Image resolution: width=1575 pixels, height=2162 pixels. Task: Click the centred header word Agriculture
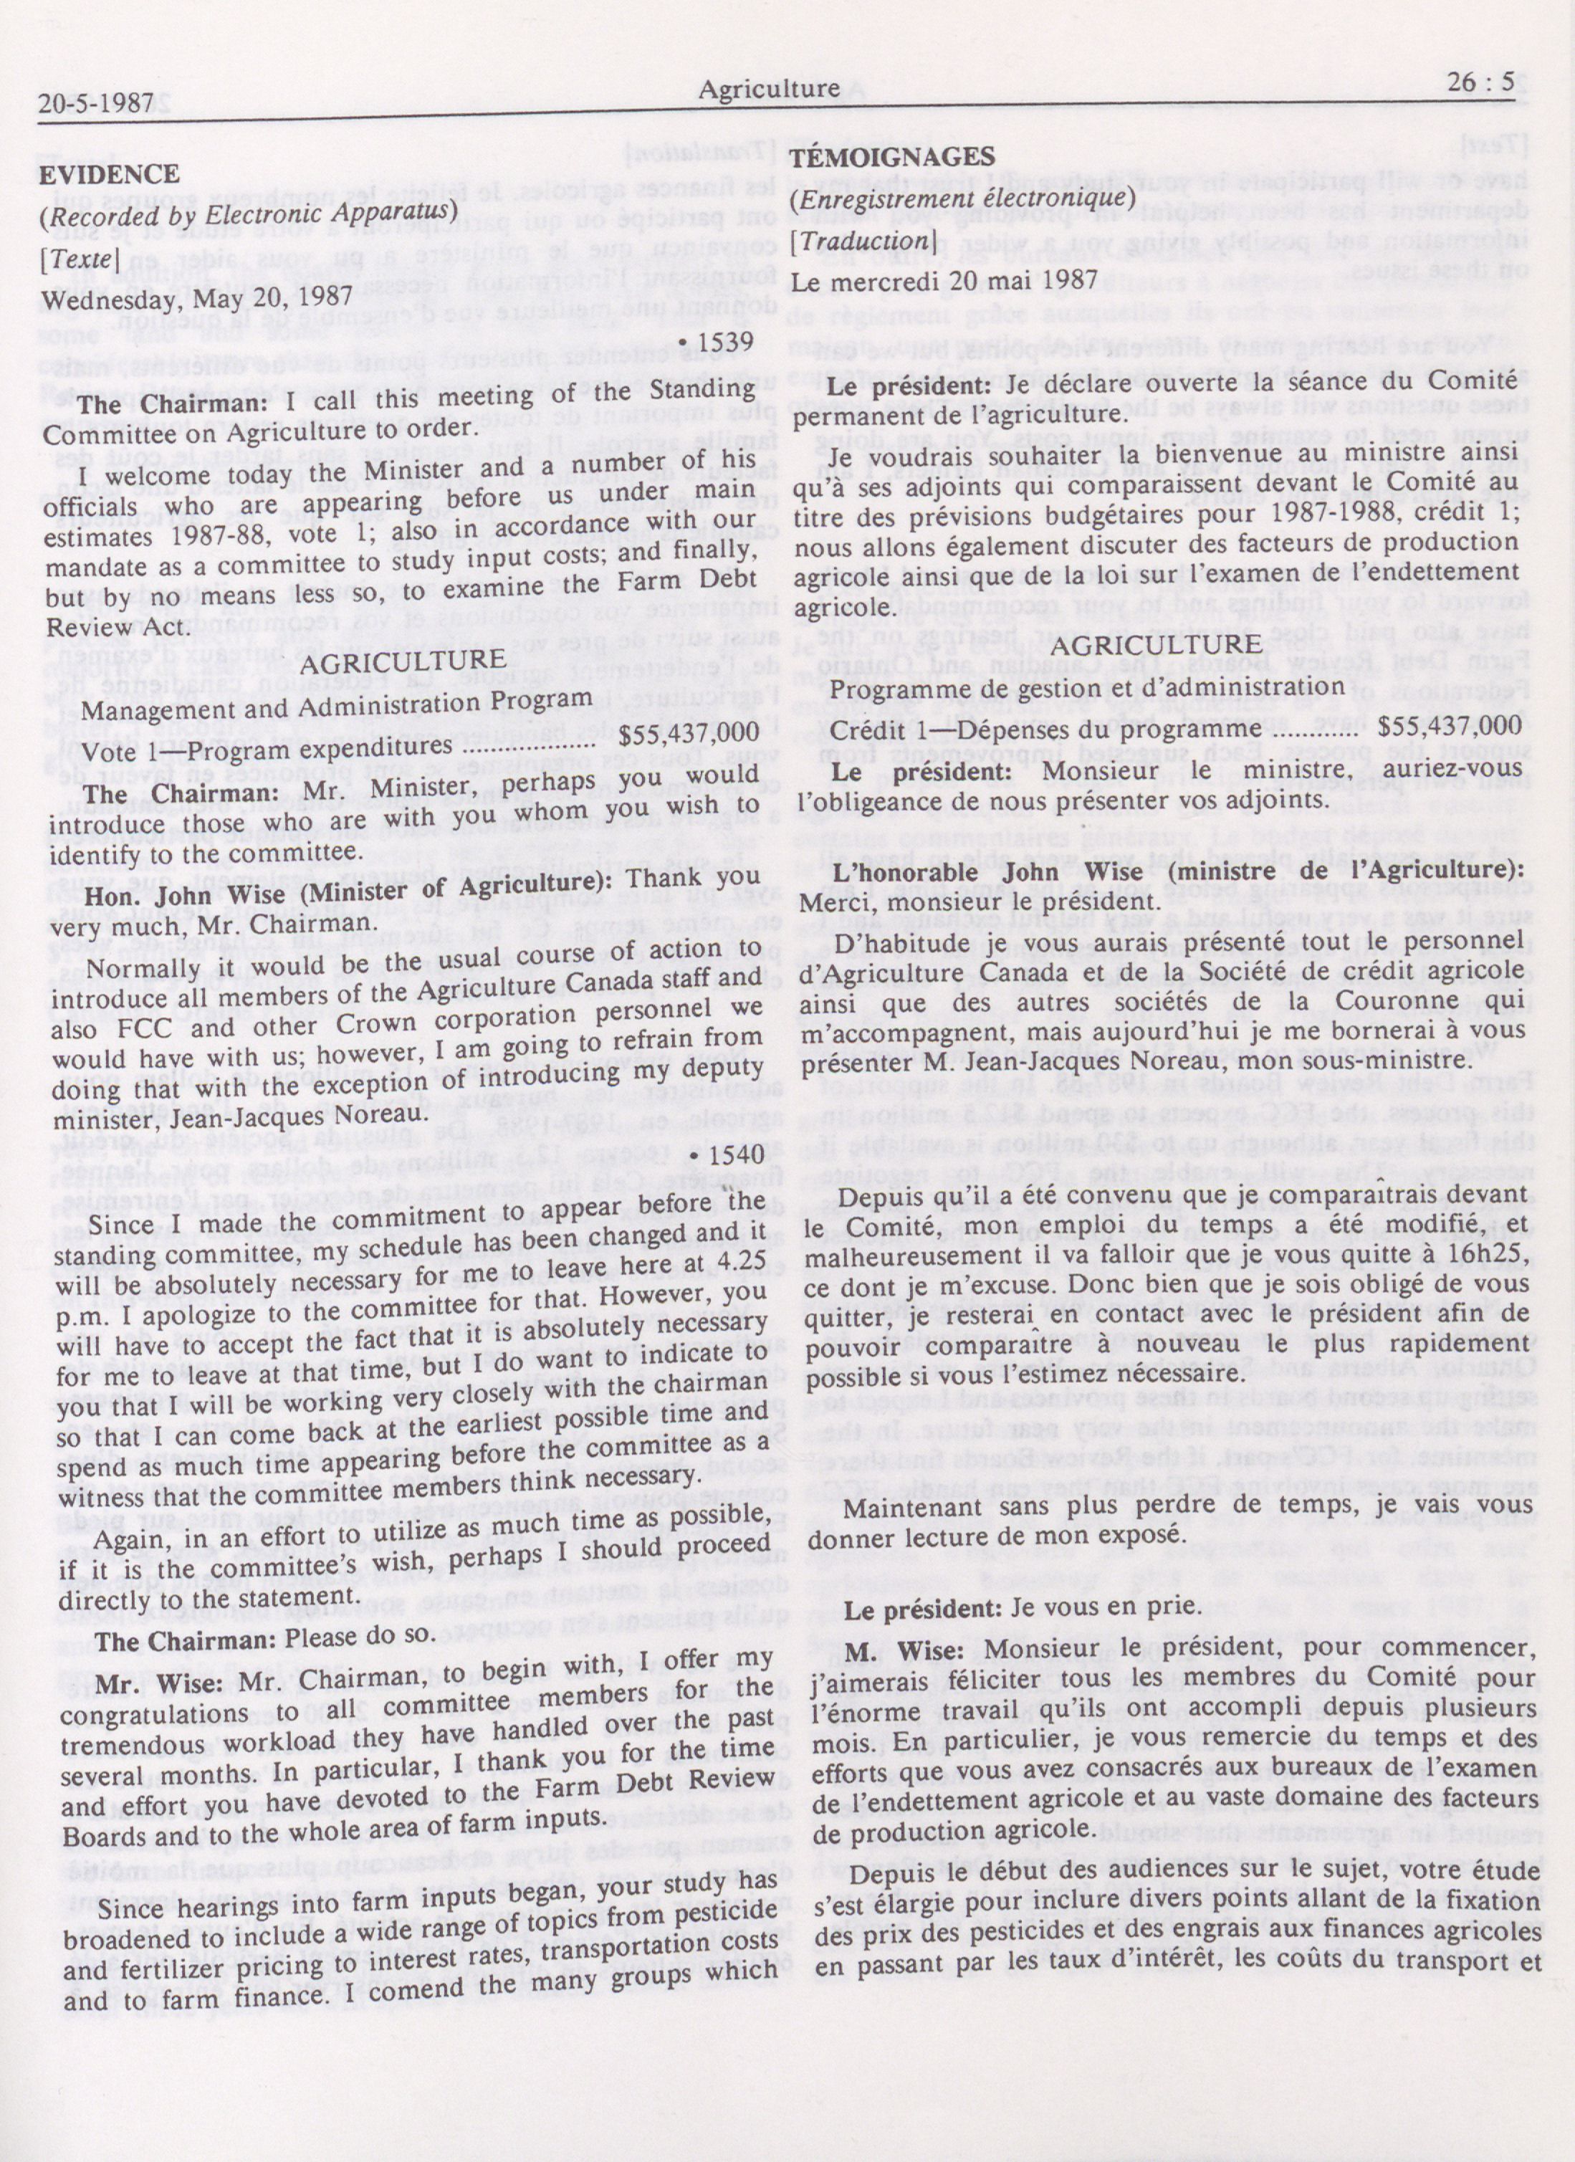pyautogui.click(x=768, y=90)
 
